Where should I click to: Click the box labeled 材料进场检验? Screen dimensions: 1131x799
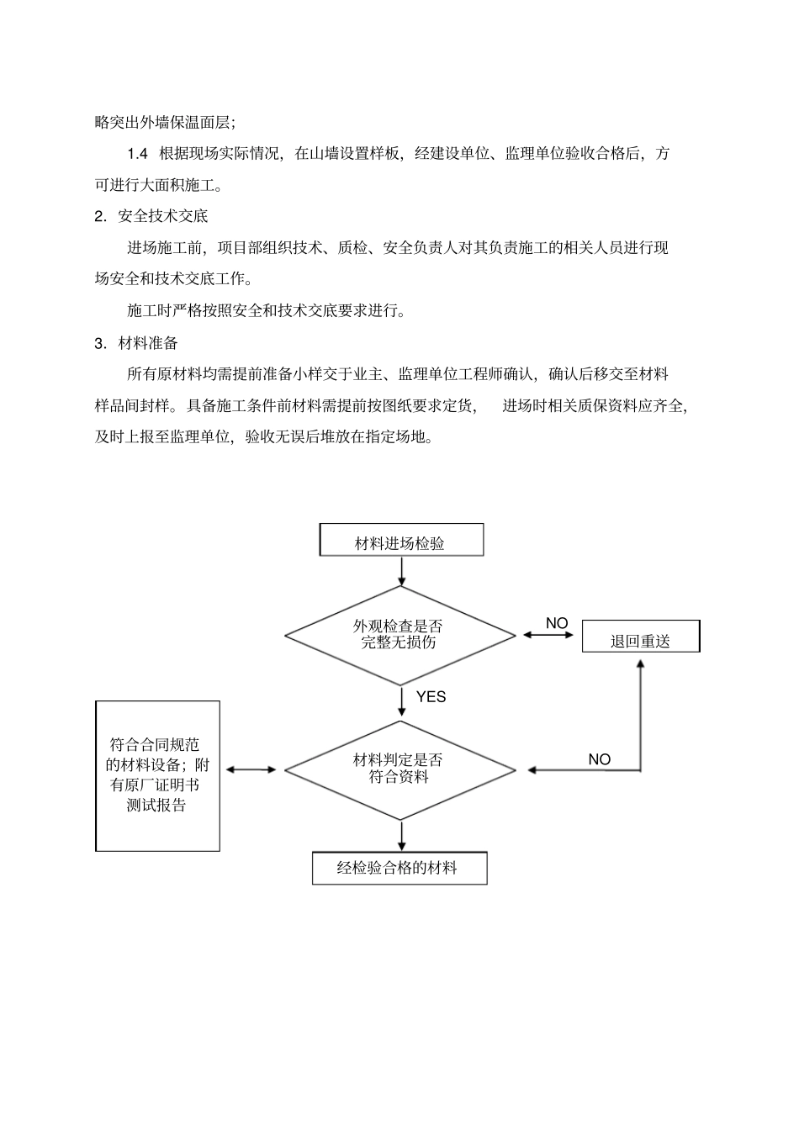click(401, 541)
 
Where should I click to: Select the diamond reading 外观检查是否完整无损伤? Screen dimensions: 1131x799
click(399, 635)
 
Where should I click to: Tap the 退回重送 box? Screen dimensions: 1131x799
click(641, 637)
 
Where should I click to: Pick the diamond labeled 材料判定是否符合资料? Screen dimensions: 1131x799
click(399, 769)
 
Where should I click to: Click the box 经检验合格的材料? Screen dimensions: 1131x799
click(399, 868)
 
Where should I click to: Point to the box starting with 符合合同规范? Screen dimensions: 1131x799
click(157, 775)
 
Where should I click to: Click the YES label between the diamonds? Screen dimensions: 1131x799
click(431, 697)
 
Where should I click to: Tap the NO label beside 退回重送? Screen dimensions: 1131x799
click(557, 623)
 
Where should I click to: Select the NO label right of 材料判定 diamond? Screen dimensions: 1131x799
click(599, 759)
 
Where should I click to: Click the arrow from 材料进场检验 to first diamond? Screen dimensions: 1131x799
click(402, 571)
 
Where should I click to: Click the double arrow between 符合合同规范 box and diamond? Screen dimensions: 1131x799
click(251, 769)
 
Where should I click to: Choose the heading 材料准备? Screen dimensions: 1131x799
click(148, 343)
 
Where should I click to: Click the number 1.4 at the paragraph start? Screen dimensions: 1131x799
click(138, 154)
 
